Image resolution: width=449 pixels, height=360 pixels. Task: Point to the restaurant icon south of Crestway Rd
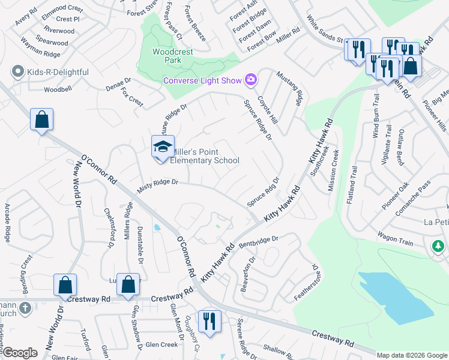209,322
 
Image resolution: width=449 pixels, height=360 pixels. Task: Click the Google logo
19,353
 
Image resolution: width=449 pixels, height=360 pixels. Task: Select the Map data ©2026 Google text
412,355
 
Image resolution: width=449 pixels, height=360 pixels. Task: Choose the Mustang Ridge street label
289,88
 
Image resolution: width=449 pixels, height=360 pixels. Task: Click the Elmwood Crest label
63,9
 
